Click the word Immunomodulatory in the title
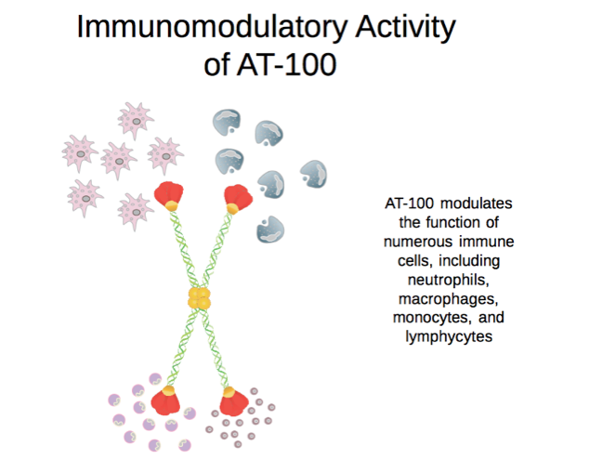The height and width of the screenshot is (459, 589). coord(212,28)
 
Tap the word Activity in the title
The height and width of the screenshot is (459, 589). coord(406,28)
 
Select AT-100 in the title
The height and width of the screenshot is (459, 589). coord(287,64)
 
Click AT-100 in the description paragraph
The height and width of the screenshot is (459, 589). coord(409,203)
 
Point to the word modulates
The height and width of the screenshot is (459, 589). coord(477,203)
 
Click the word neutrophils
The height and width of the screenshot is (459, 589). coord(449,280)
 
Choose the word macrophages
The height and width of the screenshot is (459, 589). coord(449,299)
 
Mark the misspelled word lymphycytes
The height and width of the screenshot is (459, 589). coord(449,336)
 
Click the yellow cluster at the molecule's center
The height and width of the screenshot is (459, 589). coord(199,298)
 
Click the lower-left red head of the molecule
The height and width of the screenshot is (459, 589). coord(165,400)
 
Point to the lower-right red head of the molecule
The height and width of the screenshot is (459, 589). coord(233,401)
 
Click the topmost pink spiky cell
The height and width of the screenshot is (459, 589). coord(136,120)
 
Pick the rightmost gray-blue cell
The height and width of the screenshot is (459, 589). coord(314,174)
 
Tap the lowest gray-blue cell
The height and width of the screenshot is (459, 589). coord(270,229)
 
